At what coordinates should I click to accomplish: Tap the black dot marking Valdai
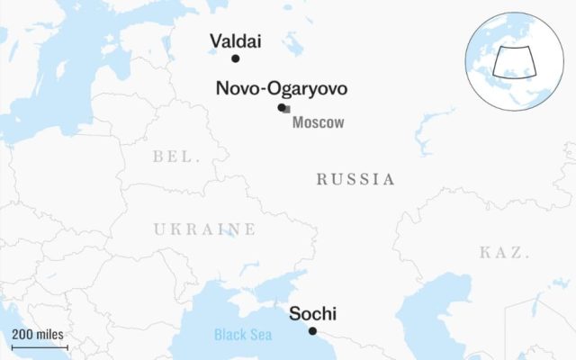[236, 58]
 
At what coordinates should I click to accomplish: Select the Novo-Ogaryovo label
[281, 88]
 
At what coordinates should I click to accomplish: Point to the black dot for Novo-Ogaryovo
[282, 107]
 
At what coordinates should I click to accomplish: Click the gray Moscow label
[318, 123]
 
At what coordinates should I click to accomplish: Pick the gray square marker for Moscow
[287, 109]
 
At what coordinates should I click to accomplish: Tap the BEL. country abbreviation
[175, 157]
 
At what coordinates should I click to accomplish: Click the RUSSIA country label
[355, 180]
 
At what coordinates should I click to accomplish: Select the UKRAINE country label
[203, 229]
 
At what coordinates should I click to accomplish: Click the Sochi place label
[312, 314]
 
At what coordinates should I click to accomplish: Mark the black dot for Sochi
[312, 331]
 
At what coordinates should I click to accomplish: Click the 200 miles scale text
[38, 334]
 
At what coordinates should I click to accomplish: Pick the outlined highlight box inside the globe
[514, 60]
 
